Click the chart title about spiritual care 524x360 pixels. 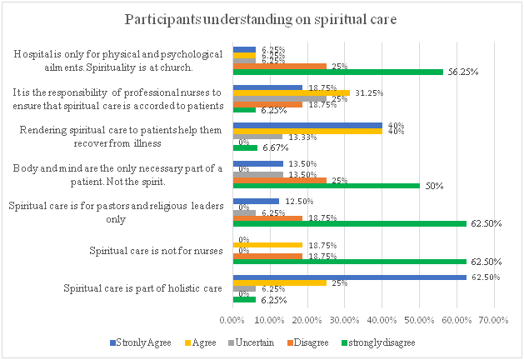point(261,17)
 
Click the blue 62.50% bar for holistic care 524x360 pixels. point(350,277)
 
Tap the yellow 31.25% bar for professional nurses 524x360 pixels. point(291,92)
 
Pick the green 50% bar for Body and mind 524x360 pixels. point(326,185)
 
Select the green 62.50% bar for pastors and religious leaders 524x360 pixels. point(350,223)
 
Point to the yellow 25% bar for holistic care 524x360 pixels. point(280,282)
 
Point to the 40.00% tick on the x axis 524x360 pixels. point(383,319)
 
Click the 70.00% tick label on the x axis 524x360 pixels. point(495,319)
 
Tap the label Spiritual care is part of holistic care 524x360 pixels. point(142,288)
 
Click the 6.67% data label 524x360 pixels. point(272,148)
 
